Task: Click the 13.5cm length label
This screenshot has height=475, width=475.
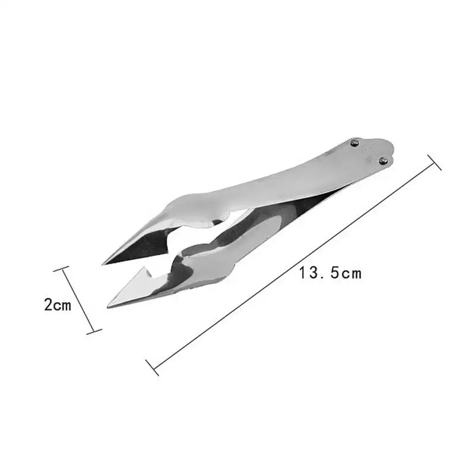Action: coord(330,273)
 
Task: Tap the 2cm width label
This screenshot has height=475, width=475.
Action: coord(58,306)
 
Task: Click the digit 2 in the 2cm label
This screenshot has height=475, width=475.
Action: coord(48,306)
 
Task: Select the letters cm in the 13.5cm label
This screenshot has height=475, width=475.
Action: coord(350,273)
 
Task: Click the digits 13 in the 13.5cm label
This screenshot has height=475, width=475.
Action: coord(310,273)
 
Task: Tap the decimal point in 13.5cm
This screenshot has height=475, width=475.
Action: coord(324,277)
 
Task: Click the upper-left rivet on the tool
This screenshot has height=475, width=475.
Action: coord(354,142)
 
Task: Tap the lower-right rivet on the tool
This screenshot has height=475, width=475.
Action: coord(383,160)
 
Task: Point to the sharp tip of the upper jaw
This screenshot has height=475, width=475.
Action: coord(104,263)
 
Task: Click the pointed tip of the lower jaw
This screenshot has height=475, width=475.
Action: coord(109,306)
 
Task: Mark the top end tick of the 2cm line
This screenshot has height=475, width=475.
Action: coord(62,269)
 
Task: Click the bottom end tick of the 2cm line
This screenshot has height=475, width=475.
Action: coord(94,331)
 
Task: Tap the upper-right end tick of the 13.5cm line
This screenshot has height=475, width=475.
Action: coord(434,162)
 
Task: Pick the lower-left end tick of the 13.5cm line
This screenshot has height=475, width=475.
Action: coord(152,367)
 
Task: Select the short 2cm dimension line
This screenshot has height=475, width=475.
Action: coord(78,300)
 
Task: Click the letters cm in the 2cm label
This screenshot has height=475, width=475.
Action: coord(63,306)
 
